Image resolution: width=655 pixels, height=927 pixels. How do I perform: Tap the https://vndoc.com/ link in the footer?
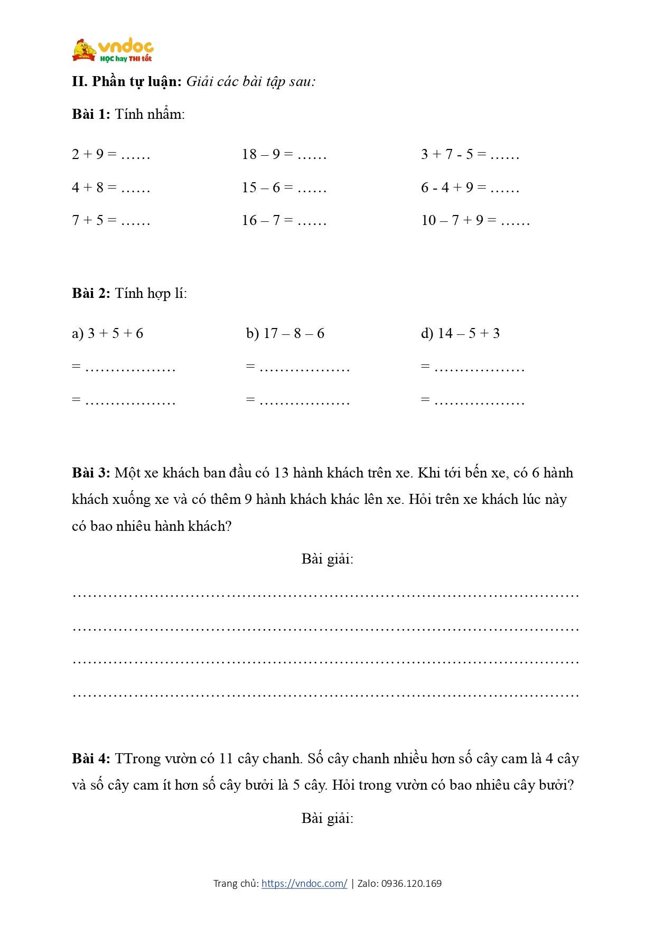pyautogui.click(x=304, y=883)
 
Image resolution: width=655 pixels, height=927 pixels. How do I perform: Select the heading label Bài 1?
pyautogui.click(x=91, y=114)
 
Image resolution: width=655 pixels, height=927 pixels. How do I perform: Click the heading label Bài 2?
pyautogui.click(x=91, y=293)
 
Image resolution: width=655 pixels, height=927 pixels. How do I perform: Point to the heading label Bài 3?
pyautogui.click(x=91, y=473)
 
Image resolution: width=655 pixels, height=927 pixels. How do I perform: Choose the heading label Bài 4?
pyautogui.click(x=91, y=759)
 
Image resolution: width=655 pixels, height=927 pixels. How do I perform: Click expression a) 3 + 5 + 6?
pyautogui.click(x=108, y=333)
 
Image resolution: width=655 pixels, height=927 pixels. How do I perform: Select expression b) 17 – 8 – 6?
pyautogui.click(x=285, y=333)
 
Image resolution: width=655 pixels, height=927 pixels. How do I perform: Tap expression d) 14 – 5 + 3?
pyautogui.click(x=460, y=333)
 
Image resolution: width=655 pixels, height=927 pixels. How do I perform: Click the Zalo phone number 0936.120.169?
pyautogui.click(x=411, y=883)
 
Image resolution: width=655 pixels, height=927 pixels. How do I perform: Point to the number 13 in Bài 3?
pyautogui.click(x=282, y=473)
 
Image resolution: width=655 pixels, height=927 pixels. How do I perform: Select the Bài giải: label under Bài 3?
pyautogui.click(x=327, y=559)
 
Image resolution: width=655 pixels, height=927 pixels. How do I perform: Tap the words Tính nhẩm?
pyautogui.click(x=149, y=114)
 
